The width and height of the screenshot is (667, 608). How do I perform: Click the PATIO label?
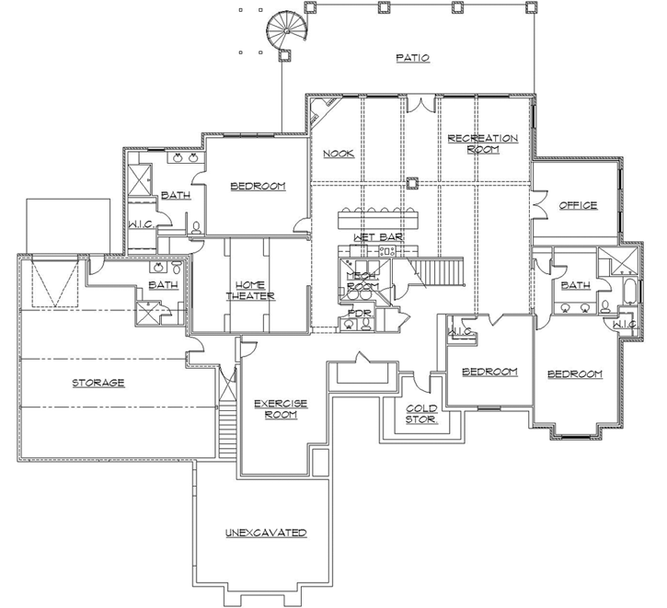point(413,58)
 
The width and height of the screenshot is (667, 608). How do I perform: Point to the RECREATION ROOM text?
point(482,143)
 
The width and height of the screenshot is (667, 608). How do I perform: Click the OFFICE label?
point(578,205)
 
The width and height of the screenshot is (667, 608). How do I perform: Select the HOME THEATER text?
point(252,290)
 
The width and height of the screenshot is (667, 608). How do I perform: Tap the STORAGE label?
point(98,382)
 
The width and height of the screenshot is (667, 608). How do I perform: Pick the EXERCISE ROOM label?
point(280,408)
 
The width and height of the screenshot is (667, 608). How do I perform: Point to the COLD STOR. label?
point(422,415)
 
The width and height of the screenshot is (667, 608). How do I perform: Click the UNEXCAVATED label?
point(265,533)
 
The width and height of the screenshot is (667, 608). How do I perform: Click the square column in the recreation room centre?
point(413,181)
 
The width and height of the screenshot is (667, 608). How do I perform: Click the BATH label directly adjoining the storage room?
point(163,285)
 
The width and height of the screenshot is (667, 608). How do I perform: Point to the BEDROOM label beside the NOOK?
point(258,186)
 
